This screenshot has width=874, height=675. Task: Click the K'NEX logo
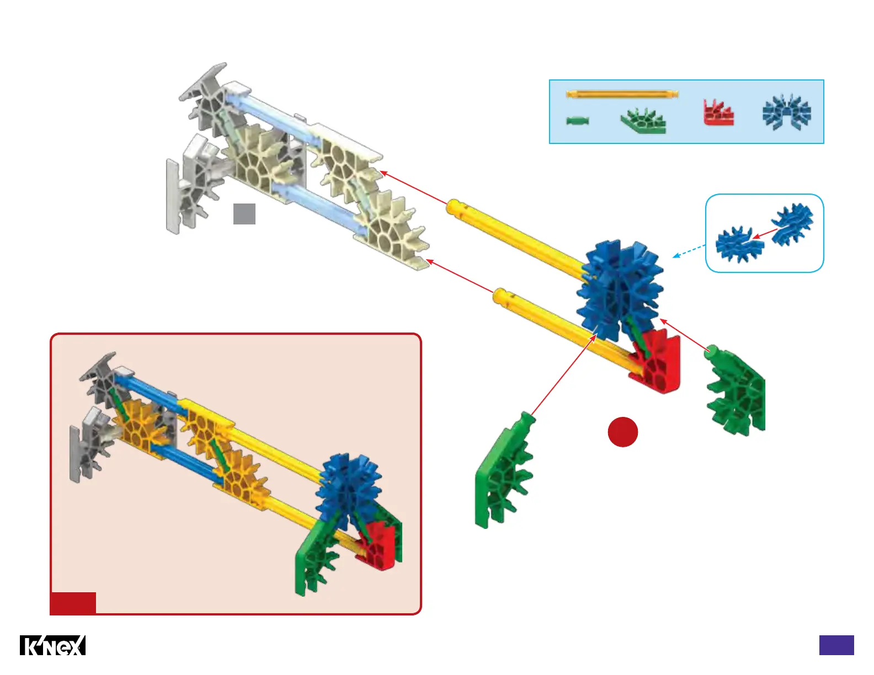pyautogui.click(x=53, y=645)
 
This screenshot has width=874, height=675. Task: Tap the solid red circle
pyautogui.click(x=623, y=432)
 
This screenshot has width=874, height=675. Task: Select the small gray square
pyautogui.click(x=244, y=214)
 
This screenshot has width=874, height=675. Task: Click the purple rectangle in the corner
pyautogui.click(x=836, y=645)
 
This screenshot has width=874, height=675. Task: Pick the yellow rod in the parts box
pyautogui.click(x=622, y=95)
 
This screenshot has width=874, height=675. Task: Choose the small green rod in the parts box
pyautogui.click(x=578, y=121)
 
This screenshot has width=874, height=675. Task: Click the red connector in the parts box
pyautogui.click(x=718, y=114)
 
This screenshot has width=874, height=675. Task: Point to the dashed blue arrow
pyautogui.click(x=689, y=251)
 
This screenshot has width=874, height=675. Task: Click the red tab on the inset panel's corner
pyautogui.click(x=73, y=603)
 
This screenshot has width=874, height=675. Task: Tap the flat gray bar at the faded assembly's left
pyautogui.click(x=173, y=196)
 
